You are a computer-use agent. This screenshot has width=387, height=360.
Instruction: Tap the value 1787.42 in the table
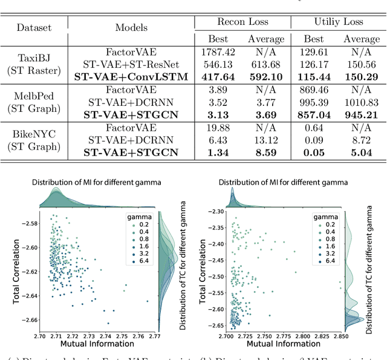coord(218,54)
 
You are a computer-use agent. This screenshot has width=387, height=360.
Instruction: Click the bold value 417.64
coord(218,77)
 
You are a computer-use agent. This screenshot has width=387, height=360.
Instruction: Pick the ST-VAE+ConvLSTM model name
coord(131,77)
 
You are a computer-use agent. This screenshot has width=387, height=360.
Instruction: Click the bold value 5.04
coord(361,152)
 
